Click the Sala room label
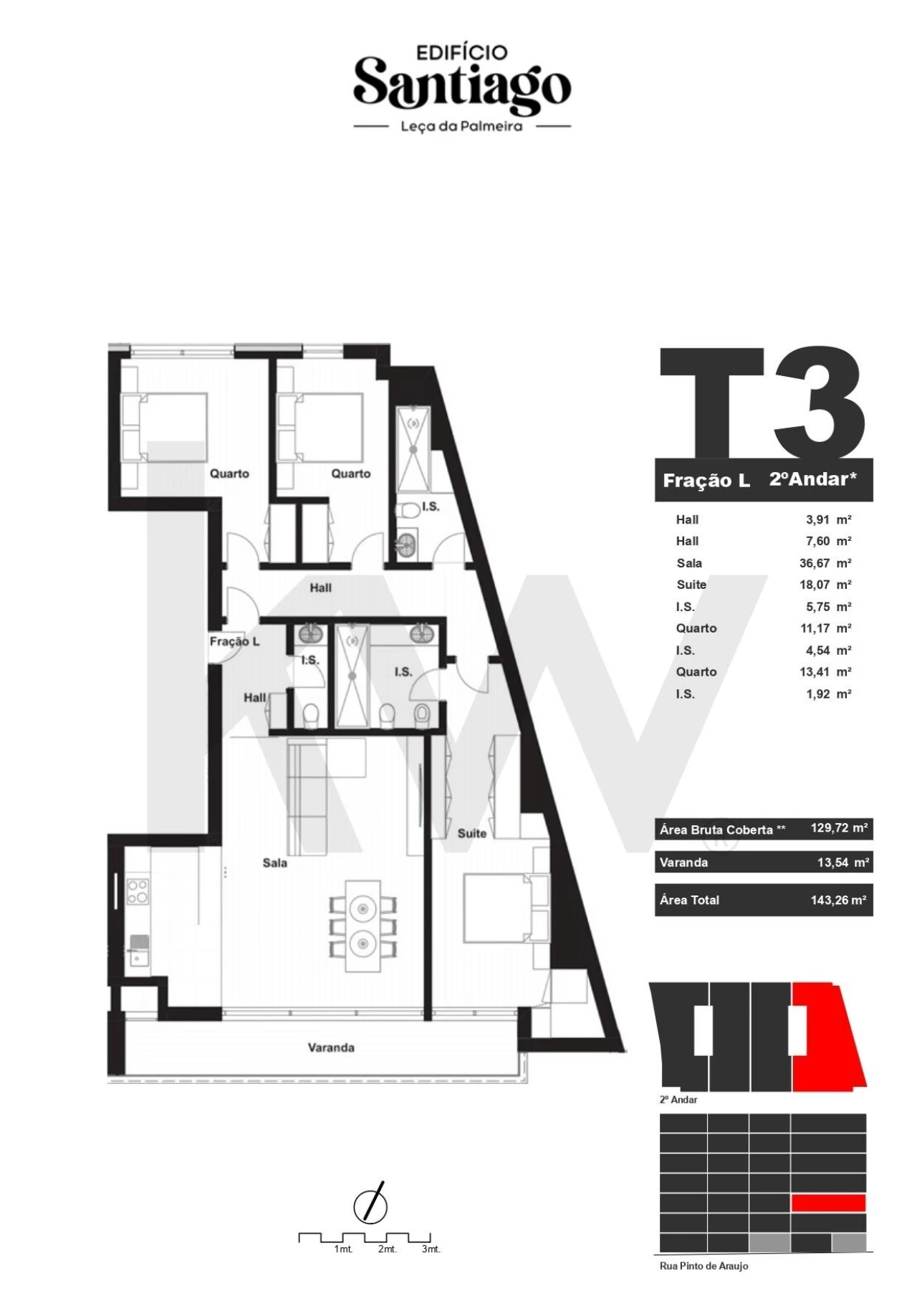click(274, 863)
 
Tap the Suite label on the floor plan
click(472, 833)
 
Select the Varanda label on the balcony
click(331, 1047)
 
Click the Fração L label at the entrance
click(234, 641)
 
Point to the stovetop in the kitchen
click(138, 891)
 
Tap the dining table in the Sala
click(363, 925)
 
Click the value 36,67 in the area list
click(815, 563)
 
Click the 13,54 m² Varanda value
click(842, 863)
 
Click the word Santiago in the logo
click(462, 85)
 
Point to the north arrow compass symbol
click(370, 1206)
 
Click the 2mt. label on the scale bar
click(387, 1249)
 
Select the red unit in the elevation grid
click(828, 1202)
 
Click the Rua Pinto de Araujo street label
click(704, 1266)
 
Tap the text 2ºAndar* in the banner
click(813, 479)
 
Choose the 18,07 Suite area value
click(815, 585)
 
